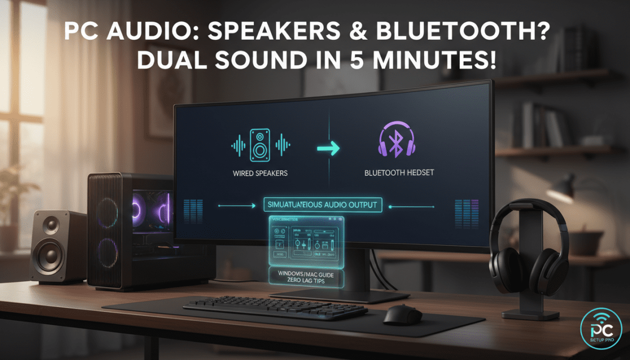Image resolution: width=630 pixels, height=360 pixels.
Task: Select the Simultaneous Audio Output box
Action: pos(322,204)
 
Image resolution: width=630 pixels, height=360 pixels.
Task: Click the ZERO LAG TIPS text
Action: pos(306,282)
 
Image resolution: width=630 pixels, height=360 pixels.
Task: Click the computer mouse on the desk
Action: pos(402,314)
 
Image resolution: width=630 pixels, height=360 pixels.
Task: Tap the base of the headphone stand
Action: pos(530,314)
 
